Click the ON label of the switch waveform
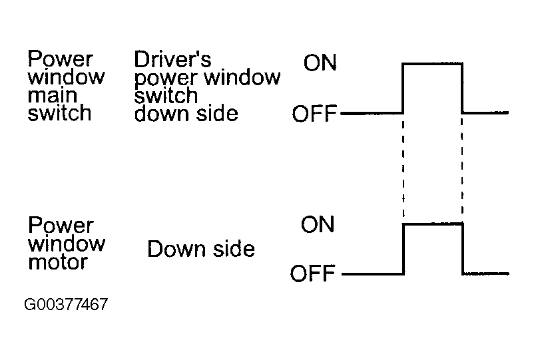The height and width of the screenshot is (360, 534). (320, 63)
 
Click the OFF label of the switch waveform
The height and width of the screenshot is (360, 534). (314, 113)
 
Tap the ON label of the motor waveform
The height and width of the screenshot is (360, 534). (318, 224)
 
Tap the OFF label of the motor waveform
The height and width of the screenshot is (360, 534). (313, 273)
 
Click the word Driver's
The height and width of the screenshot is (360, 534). (172, 59)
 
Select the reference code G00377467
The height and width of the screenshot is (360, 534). (66, 304)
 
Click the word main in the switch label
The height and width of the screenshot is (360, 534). (53, 95)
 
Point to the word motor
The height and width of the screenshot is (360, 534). (58, 262)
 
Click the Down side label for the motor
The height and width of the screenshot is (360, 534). (201, 249)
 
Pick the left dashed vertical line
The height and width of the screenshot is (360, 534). (403, 168)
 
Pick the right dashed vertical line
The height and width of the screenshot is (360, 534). (462, 168)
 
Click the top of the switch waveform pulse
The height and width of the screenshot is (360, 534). (432, 63)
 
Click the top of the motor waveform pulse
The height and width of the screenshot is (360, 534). (433, 224)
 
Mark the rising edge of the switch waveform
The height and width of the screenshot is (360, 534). (403, 88)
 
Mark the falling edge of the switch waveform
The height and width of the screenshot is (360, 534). (462, 88)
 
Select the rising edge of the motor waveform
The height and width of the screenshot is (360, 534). (403, 249)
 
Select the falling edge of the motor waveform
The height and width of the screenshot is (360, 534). (463, 248)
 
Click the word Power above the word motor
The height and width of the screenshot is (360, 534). (61, 226)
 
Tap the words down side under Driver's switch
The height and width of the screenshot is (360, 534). (186, 114)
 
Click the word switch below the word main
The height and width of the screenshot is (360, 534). (59, 113)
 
